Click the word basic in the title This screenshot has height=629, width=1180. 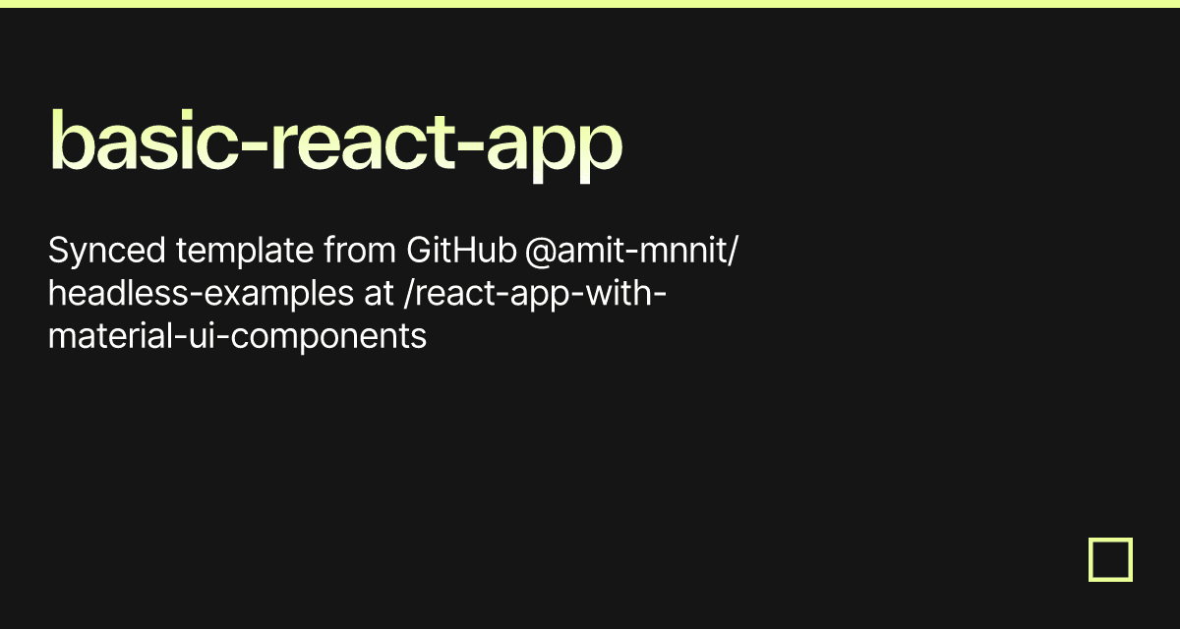pyautogui.click(x=144, y=140)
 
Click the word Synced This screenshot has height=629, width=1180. pyautogui.click(x=107, y=251)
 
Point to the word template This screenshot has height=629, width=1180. pyautogui.click(x=245, y=252)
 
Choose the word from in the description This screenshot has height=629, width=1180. pyautogui.click(x=360, y=250)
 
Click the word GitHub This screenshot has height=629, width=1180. pyautogui.click(x=461, y=250)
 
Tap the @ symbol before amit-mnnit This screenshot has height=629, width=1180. pyautogui.click(x=541, y=252)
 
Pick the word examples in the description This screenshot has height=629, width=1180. pyautogui.click(x=278, y=295)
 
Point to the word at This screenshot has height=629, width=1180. pyautogui.click(x=379, y=294)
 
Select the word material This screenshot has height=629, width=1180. pyautogui.click(x=110, y=336)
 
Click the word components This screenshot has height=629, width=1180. pyautogui.click(x=328, y=338)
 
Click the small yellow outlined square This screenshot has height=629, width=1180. pyautogui.click(x=1110, y=540)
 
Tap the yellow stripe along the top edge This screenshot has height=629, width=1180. pyautogui.click(x=590, y=4)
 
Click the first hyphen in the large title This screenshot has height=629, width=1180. pyautogui.click(x=255, y=147)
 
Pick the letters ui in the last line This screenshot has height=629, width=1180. pyautogui.click(x=202, y=336)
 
